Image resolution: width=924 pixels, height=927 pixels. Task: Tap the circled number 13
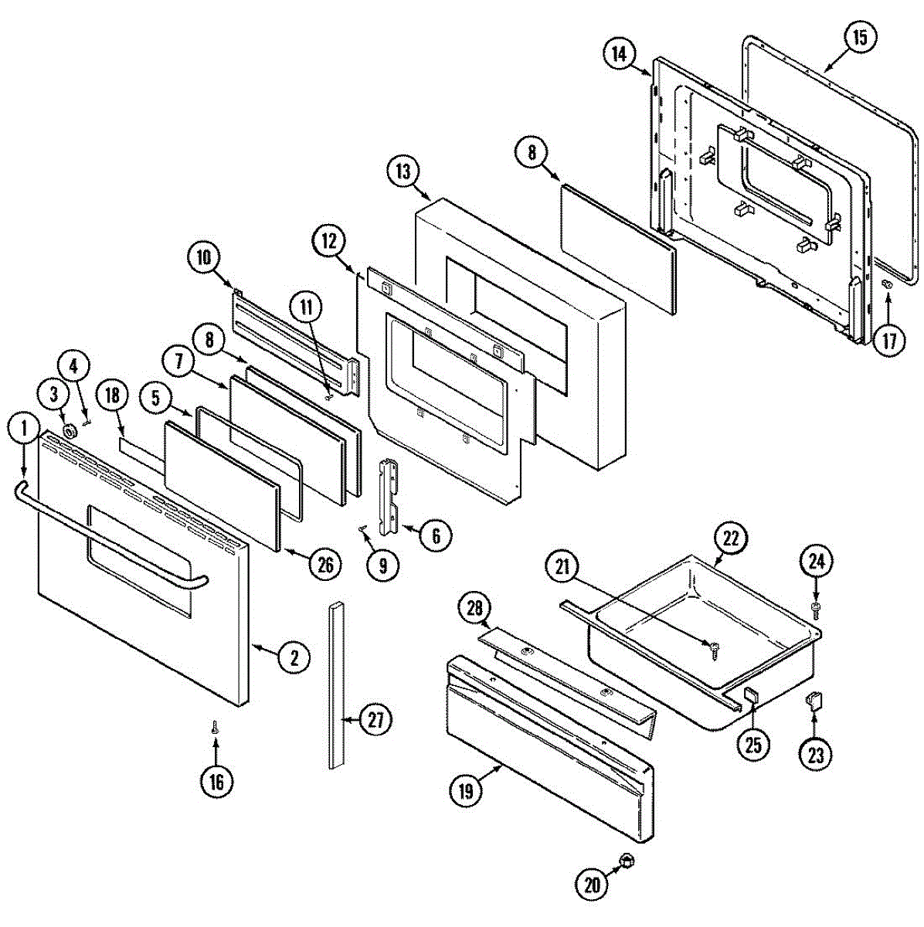[406, 171]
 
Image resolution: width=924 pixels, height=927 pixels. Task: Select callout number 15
[860, 37]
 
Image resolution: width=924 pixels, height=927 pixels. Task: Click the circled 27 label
[375, 720]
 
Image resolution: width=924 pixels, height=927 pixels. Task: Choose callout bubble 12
[328, 241]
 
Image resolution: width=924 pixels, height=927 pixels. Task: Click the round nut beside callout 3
[70, 431]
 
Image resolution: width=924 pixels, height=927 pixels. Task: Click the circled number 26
[325, 565]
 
